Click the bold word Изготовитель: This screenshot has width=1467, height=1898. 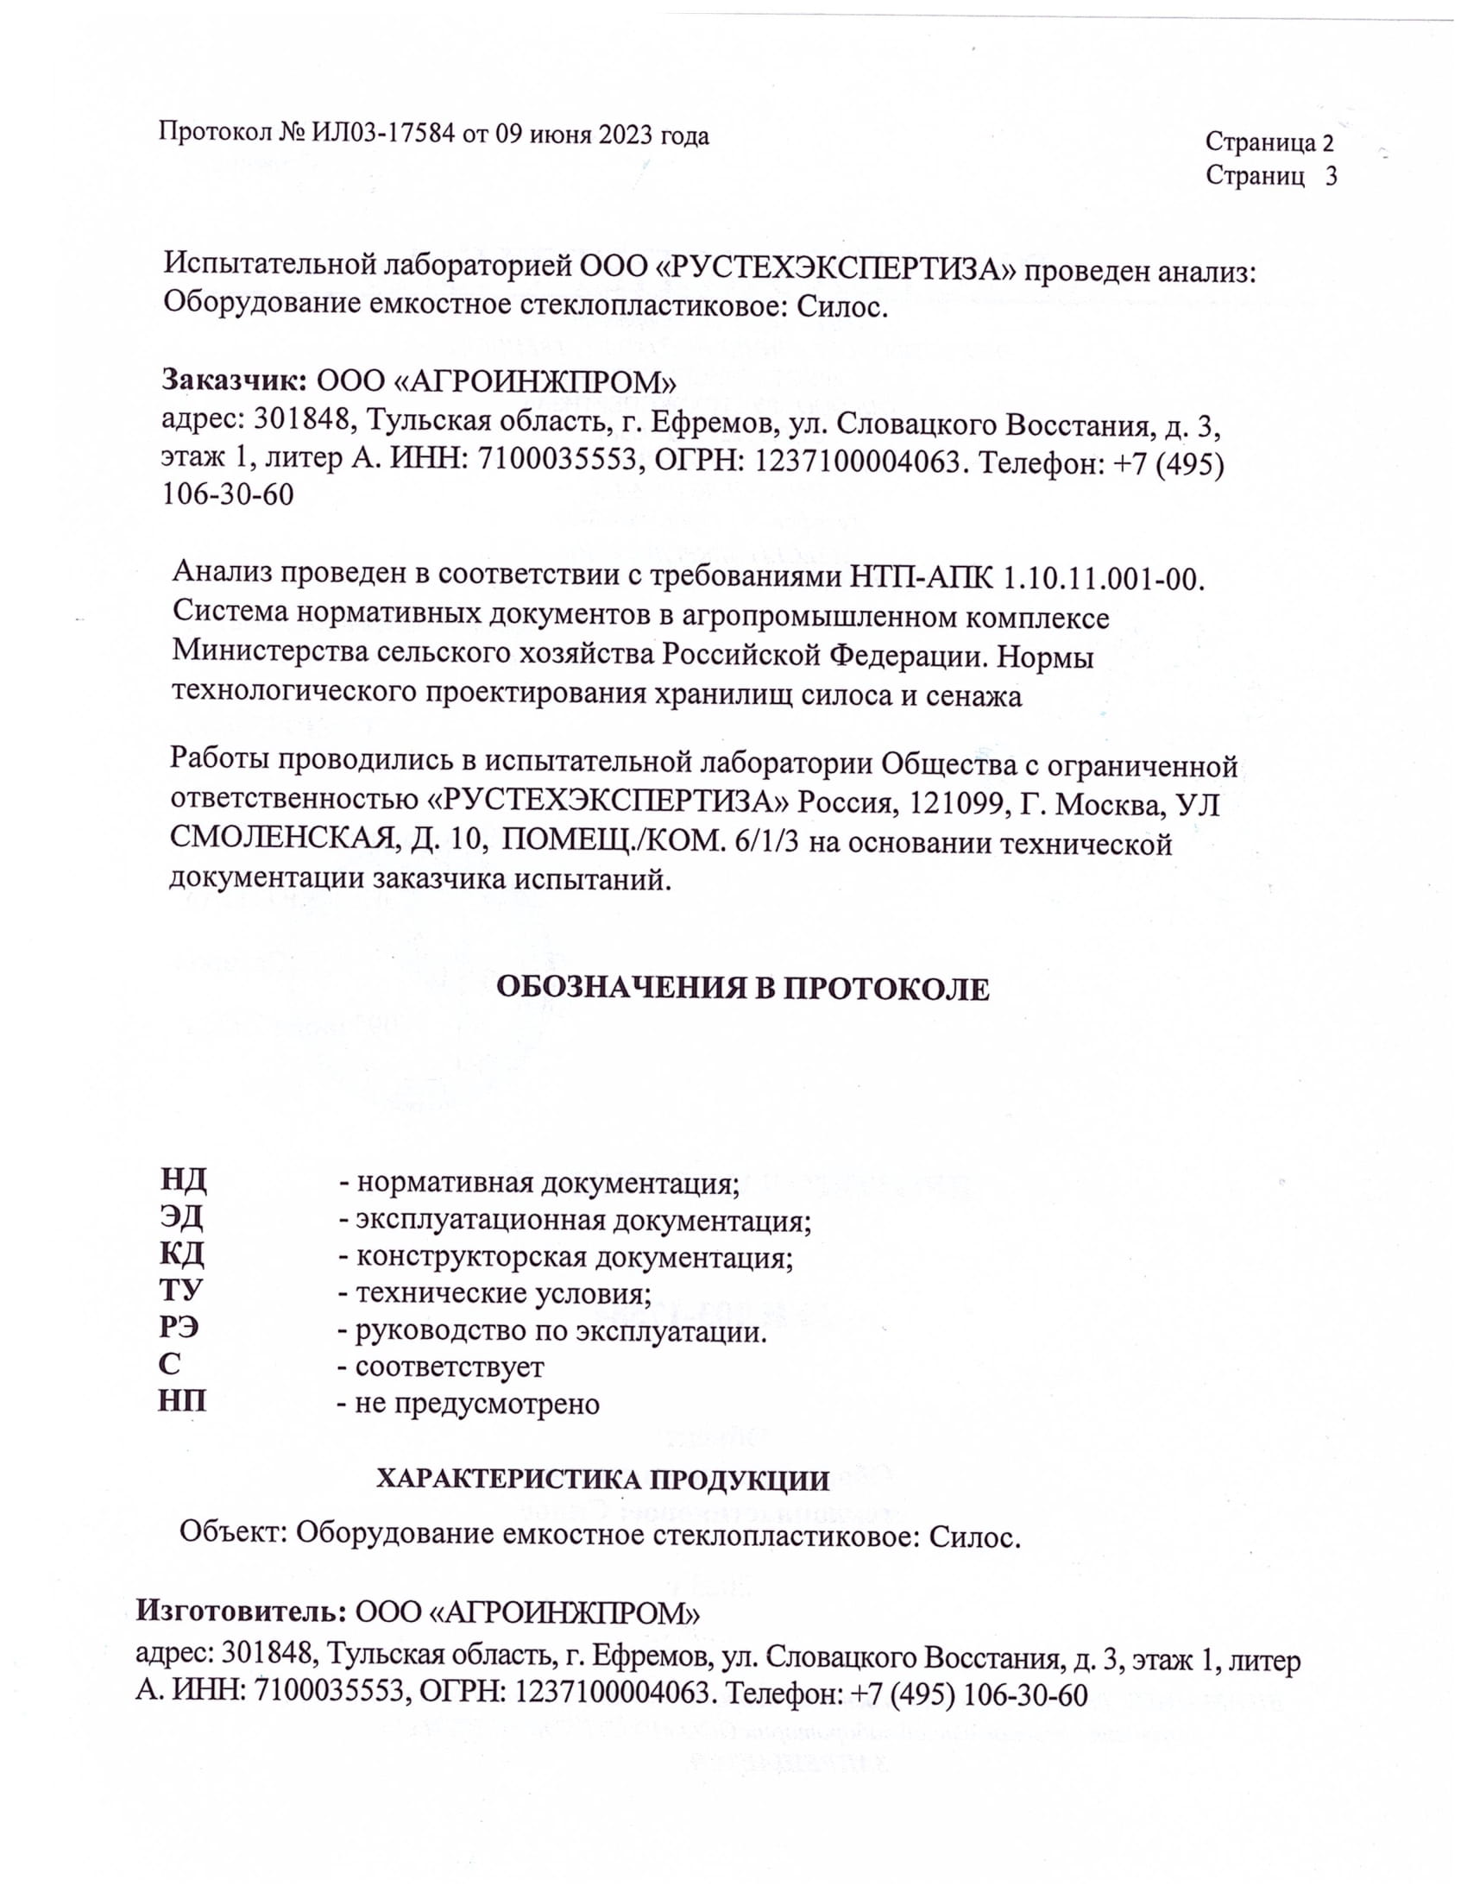(x=242, y=1612)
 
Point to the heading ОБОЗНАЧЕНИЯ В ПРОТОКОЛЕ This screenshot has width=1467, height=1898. (x=742, y=989)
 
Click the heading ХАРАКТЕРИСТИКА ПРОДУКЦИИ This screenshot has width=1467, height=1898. (x=602, y=1479)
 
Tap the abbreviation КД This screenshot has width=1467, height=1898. (x=181, y=1254)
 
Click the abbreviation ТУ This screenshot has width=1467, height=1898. (x=180, y=1291)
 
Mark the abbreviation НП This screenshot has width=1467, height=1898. (x=182, y=1402)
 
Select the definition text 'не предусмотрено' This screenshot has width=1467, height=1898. (x=477, y=1404)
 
